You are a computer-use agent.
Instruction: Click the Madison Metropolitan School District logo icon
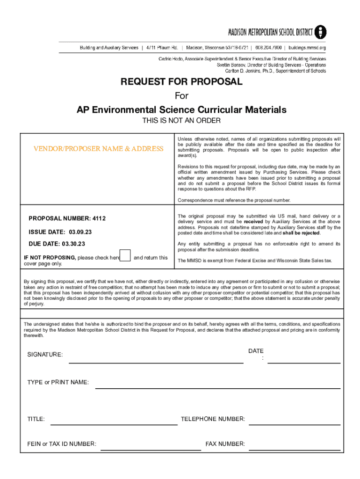(320, 32)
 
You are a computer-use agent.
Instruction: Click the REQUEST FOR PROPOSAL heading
(181, 82)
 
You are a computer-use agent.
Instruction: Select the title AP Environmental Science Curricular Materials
(181, 110)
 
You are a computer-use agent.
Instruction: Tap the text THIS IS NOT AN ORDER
(181, 121)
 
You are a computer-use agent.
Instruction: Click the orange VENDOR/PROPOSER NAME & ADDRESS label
(98, 149)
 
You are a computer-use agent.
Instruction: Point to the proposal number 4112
(99, 218)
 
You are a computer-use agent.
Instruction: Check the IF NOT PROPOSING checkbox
(125, 255)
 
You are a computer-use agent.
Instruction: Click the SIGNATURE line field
(156, 361)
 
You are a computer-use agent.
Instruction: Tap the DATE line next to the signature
(303, 361)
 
